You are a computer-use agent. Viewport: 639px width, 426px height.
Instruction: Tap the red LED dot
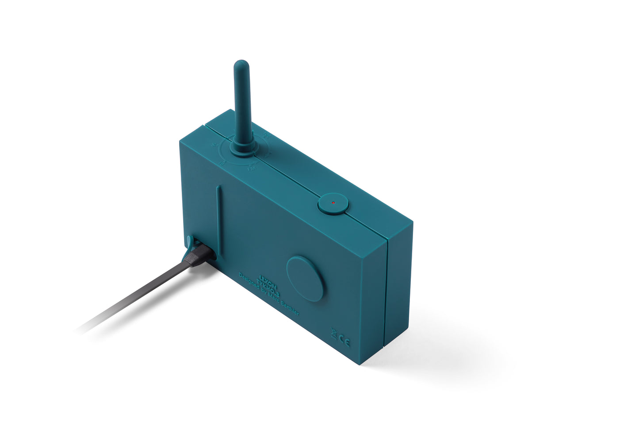[333, 203]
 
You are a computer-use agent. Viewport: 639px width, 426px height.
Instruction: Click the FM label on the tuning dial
[251, 169]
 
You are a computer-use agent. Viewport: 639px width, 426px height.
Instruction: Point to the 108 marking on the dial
[267, 135]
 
